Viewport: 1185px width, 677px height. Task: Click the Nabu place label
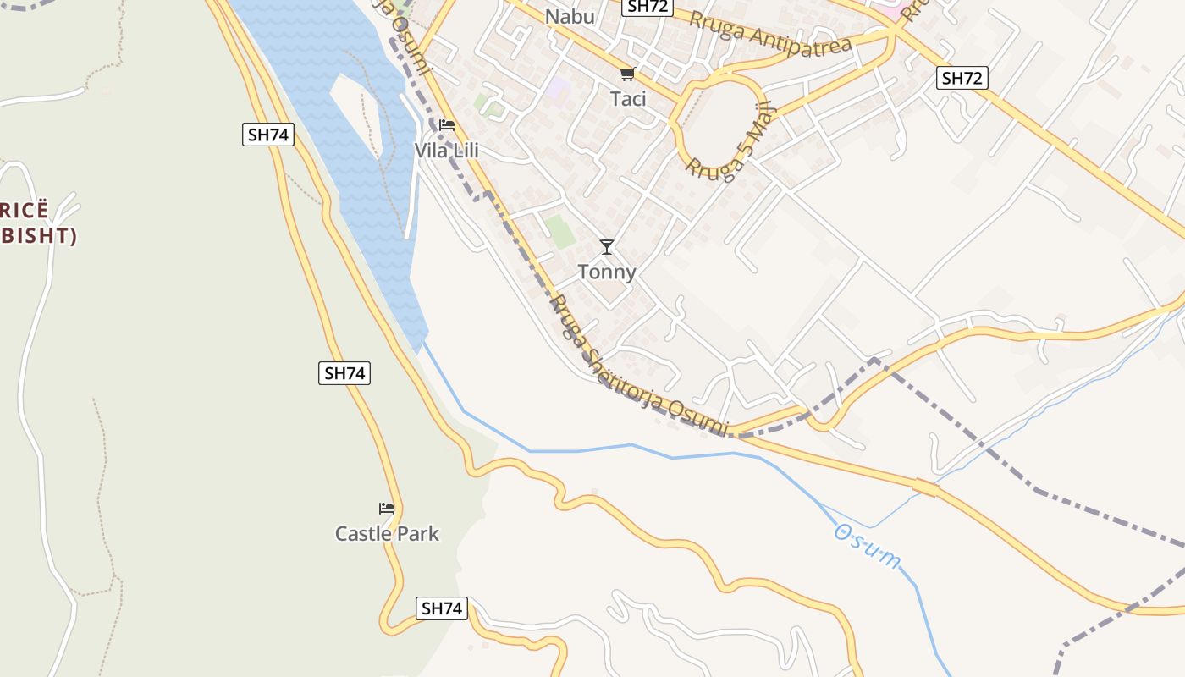coord(570,17)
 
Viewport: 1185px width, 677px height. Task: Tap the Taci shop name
coord(628,99)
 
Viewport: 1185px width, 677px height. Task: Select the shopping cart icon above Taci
coord(627,74)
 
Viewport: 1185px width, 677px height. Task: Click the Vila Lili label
coord(446,151)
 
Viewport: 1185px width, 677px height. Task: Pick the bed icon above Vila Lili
coord(447,125)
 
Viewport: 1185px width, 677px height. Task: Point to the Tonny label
coord(606,272)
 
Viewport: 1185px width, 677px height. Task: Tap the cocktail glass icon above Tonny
coord(606,247)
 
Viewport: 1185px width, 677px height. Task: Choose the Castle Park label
coord(387,533)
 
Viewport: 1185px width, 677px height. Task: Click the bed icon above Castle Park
coord(387,509)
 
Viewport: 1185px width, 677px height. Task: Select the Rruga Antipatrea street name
coord(769,33)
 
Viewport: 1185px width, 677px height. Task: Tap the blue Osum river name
coord(868,546)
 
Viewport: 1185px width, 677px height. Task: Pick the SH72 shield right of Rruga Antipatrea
coord(962,79)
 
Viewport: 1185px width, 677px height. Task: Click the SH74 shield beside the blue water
coord(268,134)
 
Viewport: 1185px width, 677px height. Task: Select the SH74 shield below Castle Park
coord(442,608)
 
